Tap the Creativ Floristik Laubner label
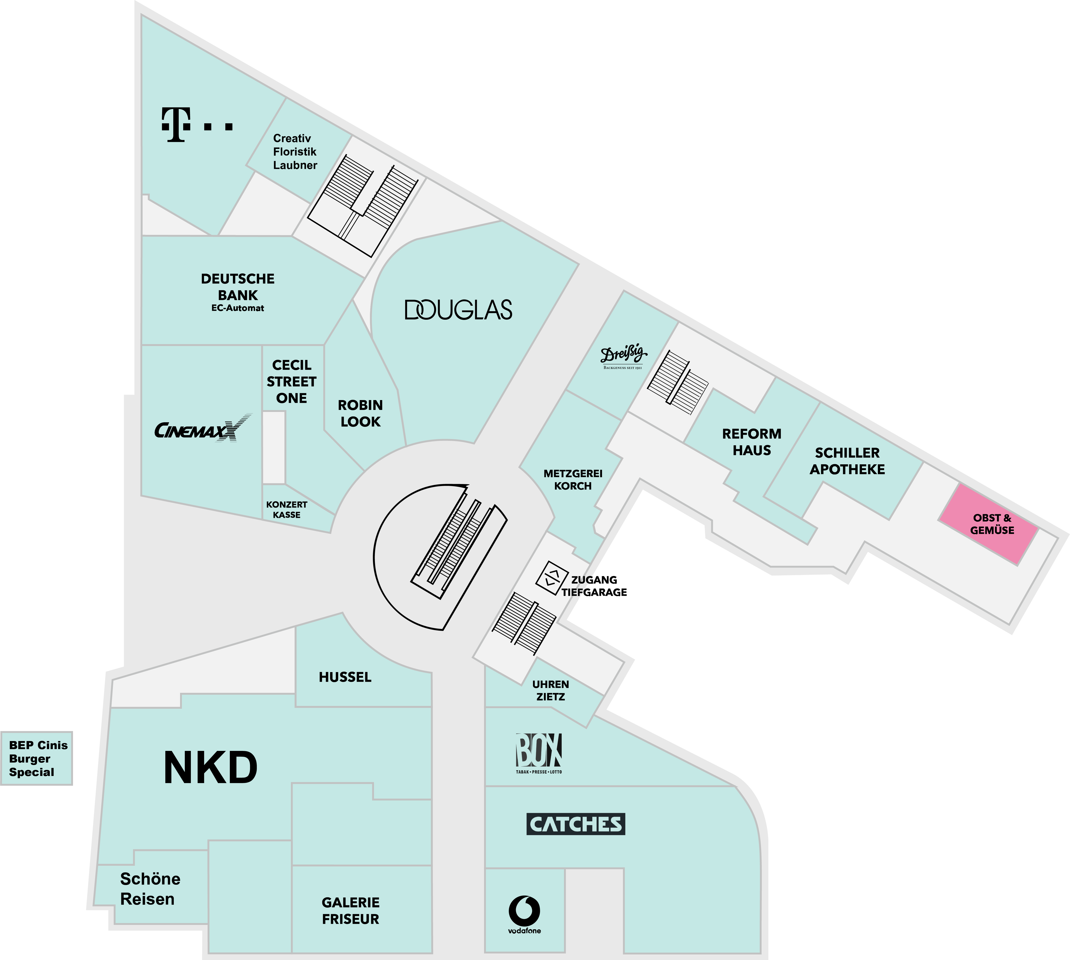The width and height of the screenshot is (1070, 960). (x=294, y=152)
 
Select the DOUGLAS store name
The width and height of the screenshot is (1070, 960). (x=458, y=310)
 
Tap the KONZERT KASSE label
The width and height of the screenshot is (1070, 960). (x=286, y=510)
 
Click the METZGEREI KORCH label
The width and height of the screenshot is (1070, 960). (x=573, y=480)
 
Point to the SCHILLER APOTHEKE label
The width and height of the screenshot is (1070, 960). (x=847, y=461)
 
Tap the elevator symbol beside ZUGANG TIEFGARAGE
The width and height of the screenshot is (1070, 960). (x=551, y=578)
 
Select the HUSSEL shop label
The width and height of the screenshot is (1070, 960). (x=345, y=677)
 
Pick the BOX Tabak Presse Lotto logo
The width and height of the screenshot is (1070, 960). (x=539, y=753)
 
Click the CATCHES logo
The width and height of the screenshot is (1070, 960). (x=576, y=824)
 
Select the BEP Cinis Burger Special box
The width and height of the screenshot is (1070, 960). (x=37, y=759)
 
